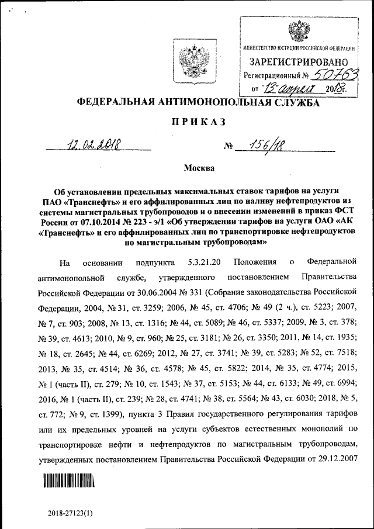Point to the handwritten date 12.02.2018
[93, 144]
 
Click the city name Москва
[200, 169]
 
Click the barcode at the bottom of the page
[68, 480]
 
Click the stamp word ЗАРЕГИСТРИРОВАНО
[300, 61]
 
